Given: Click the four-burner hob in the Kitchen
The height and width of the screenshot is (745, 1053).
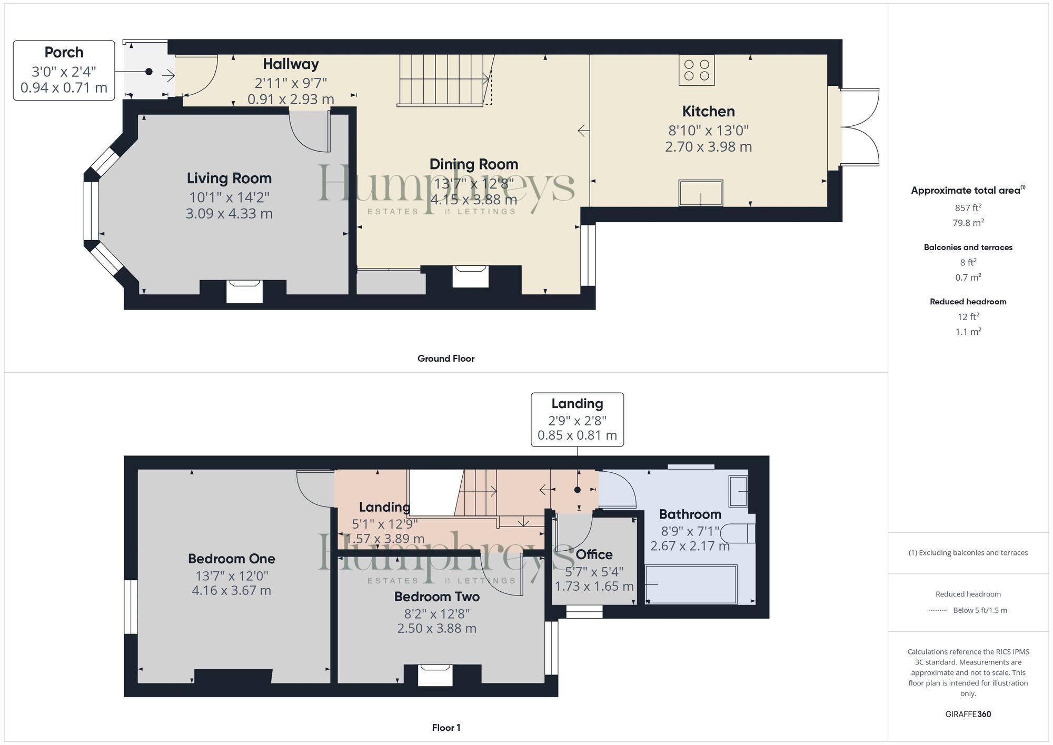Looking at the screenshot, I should click(696, 70).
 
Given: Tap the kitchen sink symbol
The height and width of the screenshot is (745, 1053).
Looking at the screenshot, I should click(700, 193).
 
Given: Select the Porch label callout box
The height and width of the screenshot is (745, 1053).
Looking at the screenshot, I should click(64, 71).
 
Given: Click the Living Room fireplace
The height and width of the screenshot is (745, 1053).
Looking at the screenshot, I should click(244, 291).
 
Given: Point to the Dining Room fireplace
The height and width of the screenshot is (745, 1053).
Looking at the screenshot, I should click(471, 276).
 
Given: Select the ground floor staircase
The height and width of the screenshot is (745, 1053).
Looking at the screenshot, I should click(442, 80).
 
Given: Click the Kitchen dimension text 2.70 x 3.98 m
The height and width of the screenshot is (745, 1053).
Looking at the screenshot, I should click(708, 147).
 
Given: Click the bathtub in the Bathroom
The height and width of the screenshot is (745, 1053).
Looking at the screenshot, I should click(691, 584).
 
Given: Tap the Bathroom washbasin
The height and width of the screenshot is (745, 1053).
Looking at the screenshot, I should click(738, 491).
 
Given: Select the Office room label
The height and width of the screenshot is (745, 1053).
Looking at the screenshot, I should click(594, 554).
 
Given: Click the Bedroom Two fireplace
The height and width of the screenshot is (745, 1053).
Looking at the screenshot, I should click(435, 675).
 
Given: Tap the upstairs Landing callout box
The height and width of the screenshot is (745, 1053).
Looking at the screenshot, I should click(577, 420).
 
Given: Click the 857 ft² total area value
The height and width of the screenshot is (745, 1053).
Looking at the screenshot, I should click(968, 208).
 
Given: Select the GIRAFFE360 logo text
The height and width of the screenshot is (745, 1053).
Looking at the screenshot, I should click(968, 714).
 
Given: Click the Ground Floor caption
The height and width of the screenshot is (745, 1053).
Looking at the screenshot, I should click(446, 359).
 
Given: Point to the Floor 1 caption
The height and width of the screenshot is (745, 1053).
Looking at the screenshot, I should click(446, 728).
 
